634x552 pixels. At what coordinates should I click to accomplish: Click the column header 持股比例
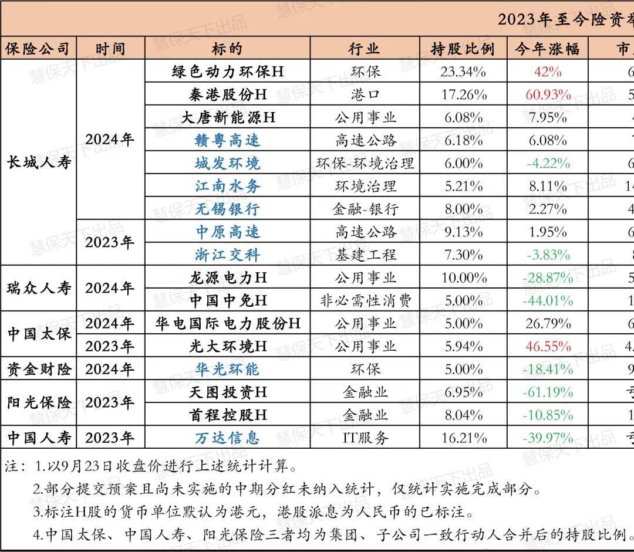463,49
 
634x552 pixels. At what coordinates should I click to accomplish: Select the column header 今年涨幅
547,49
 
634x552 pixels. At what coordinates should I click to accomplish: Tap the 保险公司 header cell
39,49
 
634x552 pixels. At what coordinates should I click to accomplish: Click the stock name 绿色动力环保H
228,72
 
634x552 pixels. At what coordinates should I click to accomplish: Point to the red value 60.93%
548,94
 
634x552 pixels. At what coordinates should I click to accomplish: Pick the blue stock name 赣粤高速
228,140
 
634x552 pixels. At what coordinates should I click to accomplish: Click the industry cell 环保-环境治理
365,163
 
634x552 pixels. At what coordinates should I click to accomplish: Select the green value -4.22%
548,163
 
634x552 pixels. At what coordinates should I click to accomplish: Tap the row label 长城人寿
39,162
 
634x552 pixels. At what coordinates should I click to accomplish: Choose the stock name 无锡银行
228,209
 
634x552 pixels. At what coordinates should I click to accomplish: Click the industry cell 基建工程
365,255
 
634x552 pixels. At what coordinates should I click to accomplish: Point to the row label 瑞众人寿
39,289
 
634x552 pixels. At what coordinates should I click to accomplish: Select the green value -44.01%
548,300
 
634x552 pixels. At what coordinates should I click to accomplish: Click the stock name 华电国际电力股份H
228,323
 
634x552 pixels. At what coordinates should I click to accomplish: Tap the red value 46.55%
548,346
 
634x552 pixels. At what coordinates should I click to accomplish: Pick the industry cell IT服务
365,438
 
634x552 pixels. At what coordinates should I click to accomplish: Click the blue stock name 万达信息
228,438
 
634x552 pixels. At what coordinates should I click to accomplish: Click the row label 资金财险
39,369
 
